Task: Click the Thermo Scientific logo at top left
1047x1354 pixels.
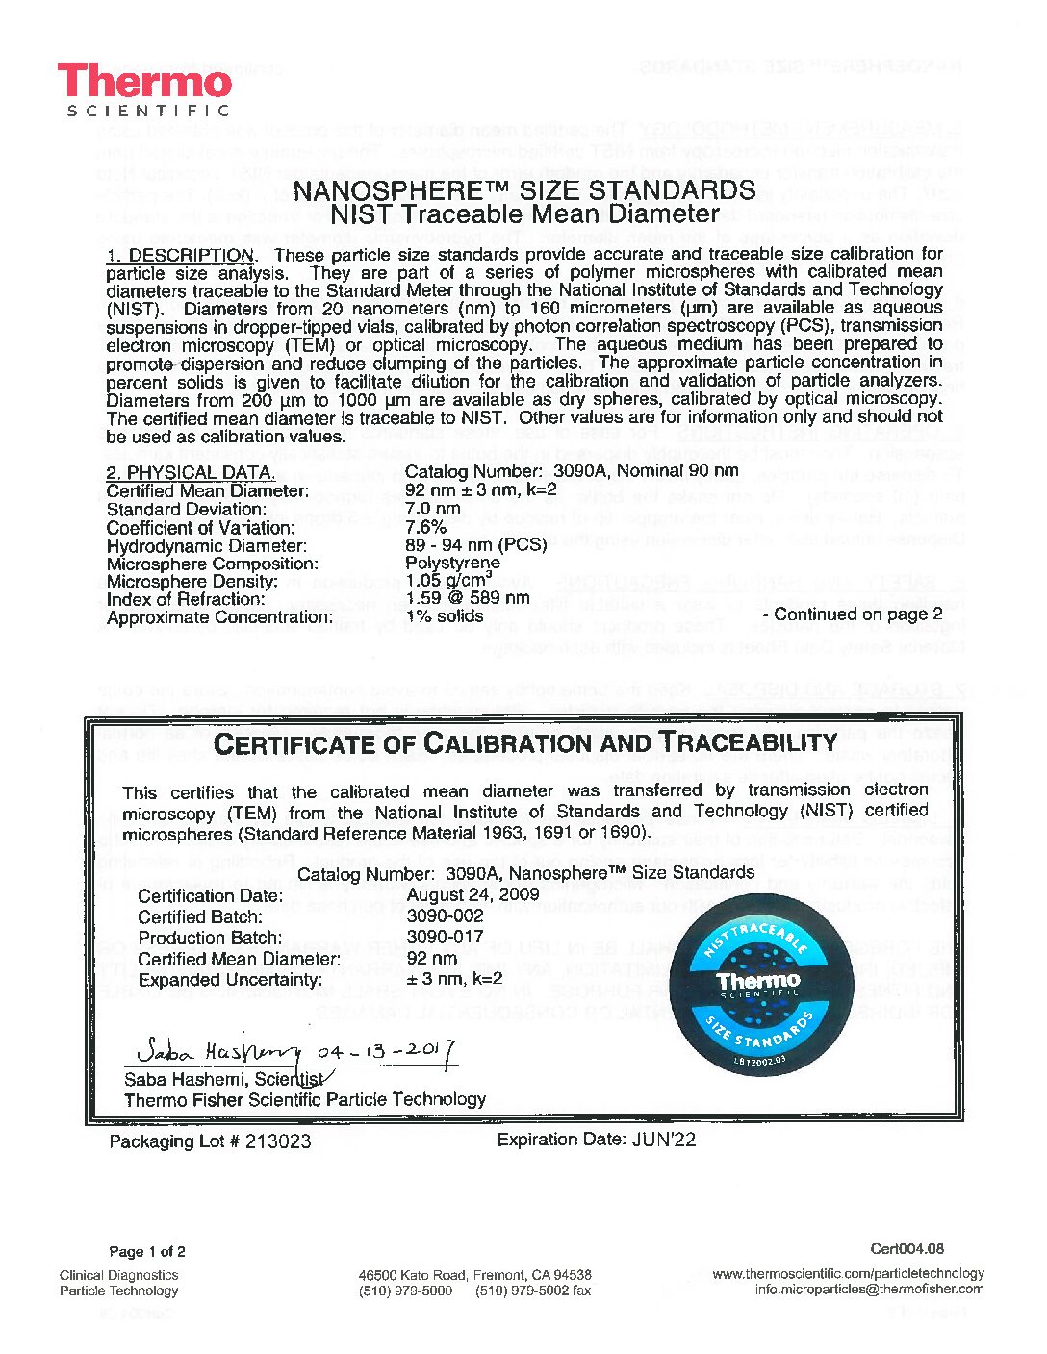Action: point(144,89)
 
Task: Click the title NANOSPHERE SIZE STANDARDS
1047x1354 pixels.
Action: point(524,190)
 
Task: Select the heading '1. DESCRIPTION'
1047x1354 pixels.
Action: point(180,255)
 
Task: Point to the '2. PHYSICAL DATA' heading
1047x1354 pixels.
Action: point(191,472)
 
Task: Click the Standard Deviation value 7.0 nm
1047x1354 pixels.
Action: point(433,508)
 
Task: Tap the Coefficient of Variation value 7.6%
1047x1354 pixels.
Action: point(426,526)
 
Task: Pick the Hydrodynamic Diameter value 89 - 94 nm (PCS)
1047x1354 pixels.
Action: point(475,544)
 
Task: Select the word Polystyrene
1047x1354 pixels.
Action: point(452,563)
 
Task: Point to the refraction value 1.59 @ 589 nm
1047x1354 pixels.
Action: point(468,598)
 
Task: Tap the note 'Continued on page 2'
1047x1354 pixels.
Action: point(852,614)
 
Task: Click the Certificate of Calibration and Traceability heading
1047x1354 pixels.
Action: point(524,743)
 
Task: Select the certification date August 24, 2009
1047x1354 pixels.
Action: point(459,895)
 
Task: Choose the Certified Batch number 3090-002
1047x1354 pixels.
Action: point(445,916)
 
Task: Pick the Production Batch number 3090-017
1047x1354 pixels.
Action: point(445,938)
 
